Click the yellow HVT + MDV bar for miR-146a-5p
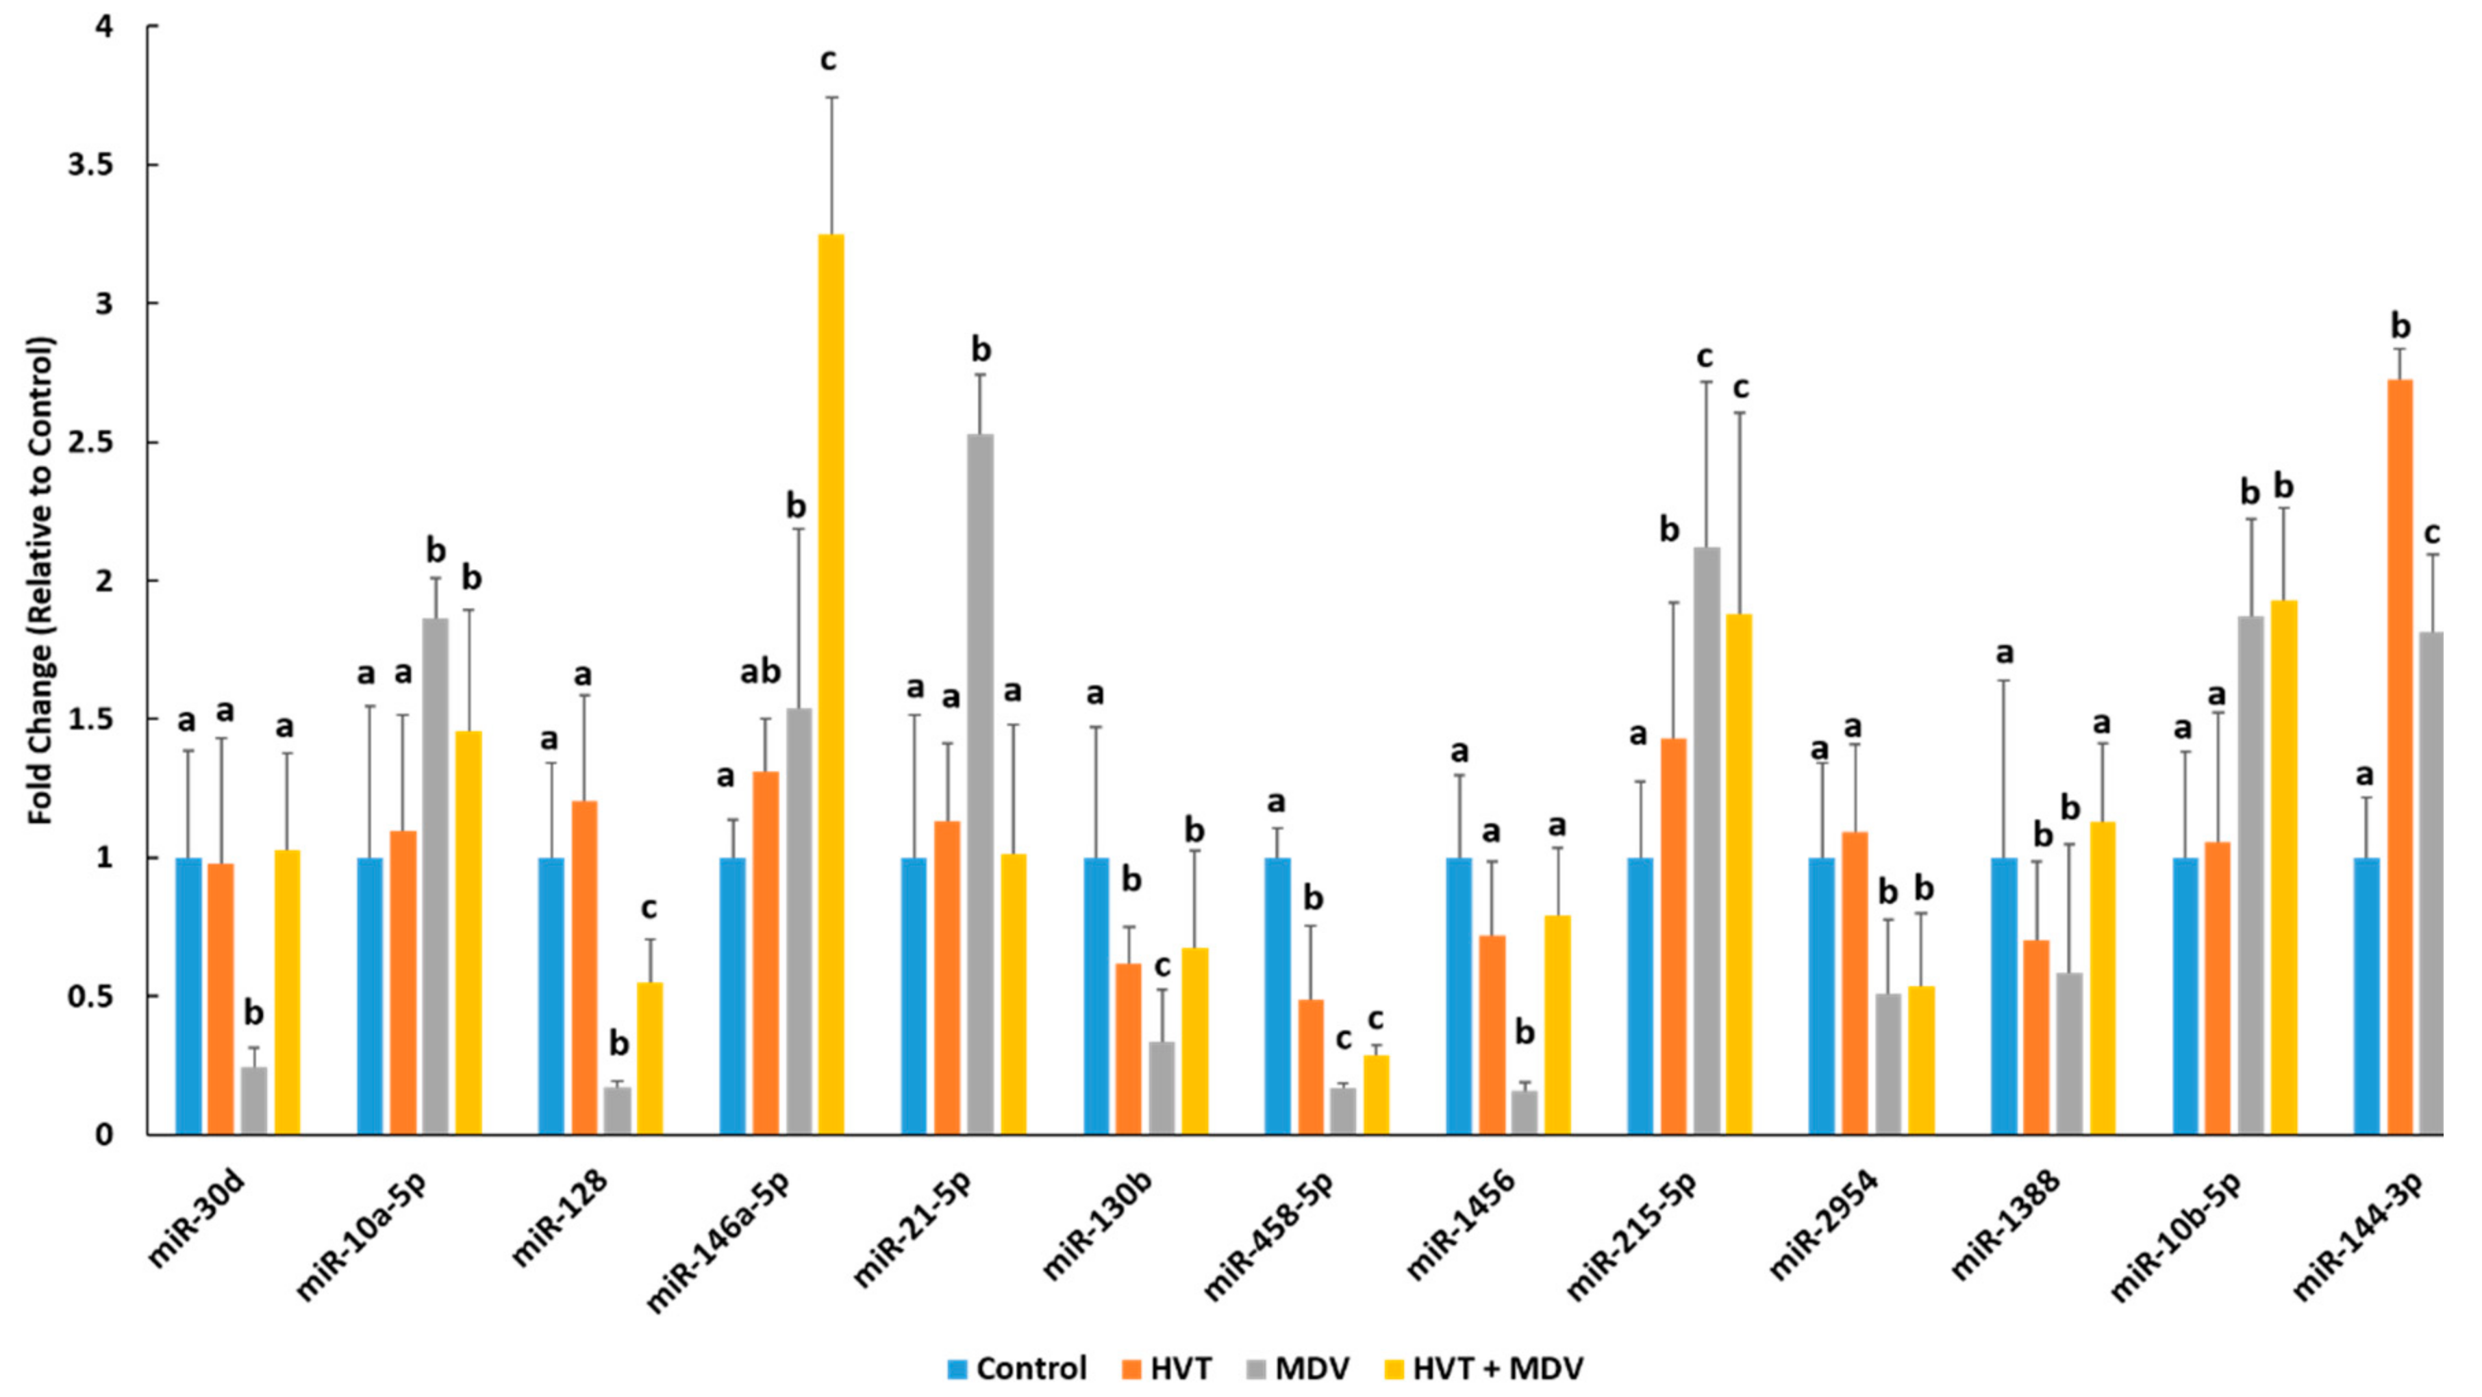click(831, 684)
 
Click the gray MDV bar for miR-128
click(618, 1110)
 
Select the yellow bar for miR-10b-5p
click(2285, 867)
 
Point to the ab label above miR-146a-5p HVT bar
click(760, 672)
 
